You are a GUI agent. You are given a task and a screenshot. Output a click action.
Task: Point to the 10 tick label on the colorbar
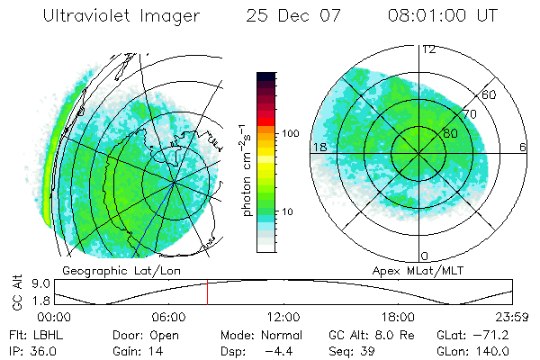pos(287,211)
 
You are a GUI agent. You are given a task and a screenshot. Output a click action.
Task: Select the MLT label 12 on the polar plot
pos(428,49)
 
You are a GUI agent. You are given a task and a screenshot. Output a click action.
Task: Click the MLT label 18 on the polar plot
pos(319,147)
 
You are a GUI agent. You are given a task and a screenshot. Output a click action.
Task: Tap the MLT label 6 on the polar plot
pos(523,147)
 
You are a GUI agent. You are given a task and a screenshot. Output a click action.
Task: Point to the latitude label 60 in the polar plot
pos(490,94)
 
